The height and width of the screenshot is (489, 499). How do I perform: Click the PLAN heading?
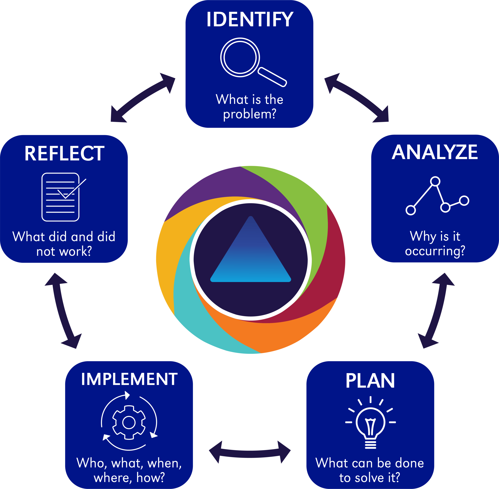(370, 381)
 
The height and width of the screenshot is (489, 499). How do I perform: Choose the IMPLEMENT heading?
(129, 379)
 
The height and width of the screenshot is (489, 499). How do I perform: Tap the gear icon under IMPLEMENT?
(129, 423)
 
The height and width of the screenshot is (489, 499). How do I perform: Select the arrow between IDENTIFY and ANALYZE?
(357, 97)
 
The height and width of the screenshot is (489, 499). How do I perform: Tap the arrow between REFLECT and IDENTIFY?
(143, 97)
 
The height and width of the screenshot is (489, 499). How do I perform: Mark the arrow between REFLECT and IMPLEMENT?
(63, 310)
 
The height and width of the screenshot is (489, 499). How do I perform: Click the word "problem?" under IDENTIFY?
(249, 114)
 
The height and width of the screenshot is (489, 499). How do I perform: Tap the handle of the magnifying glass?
(272, 77)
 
